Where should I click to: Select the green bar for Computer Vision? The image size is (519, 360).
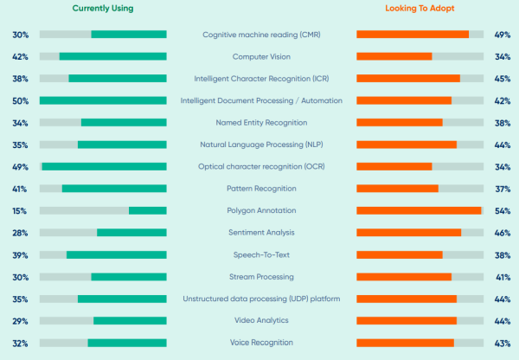click(x=112, y=56)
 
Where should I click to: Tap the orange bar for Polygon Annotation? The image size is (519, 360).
click(x=419, y=210)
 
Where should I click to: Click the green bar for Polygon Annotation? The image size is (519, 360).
click(x=147, y=210)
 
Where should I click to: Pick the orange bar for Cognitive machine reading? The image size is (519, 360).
click(x=413, y=35)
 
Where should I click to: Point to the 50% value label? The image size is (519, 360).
click(x=20, y=100)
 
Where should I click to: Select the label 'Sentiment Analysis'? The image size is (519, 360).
click(x=261, y=233)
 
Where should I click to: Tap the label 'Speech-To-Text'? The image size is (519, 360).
click(x=261, y=254)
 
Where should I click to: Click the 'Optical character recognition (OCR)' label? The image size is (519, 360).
click(x=261, y=166)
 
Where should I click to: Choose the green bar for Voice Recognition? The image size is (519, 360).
click(x=126, y=343)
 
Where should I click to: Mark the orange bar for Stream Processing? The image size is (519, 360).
click(x=404, y=277)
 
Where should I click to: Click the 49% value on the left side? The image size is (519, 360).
click(x=20, y=166)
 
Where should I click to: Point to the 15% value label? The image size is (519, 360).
click(x=20, y=210)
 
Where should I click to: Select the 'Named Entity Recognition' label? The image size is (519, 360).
click(x=261, y=123)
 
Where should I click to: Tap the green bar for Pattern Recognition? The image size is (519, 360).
click(x=113, y=189)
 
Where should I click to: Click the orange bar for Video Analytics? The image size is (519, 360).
click(x=407, y=321)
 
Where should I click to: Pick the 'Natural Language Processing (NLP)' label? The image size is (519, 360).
click(x=261, y=145)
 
